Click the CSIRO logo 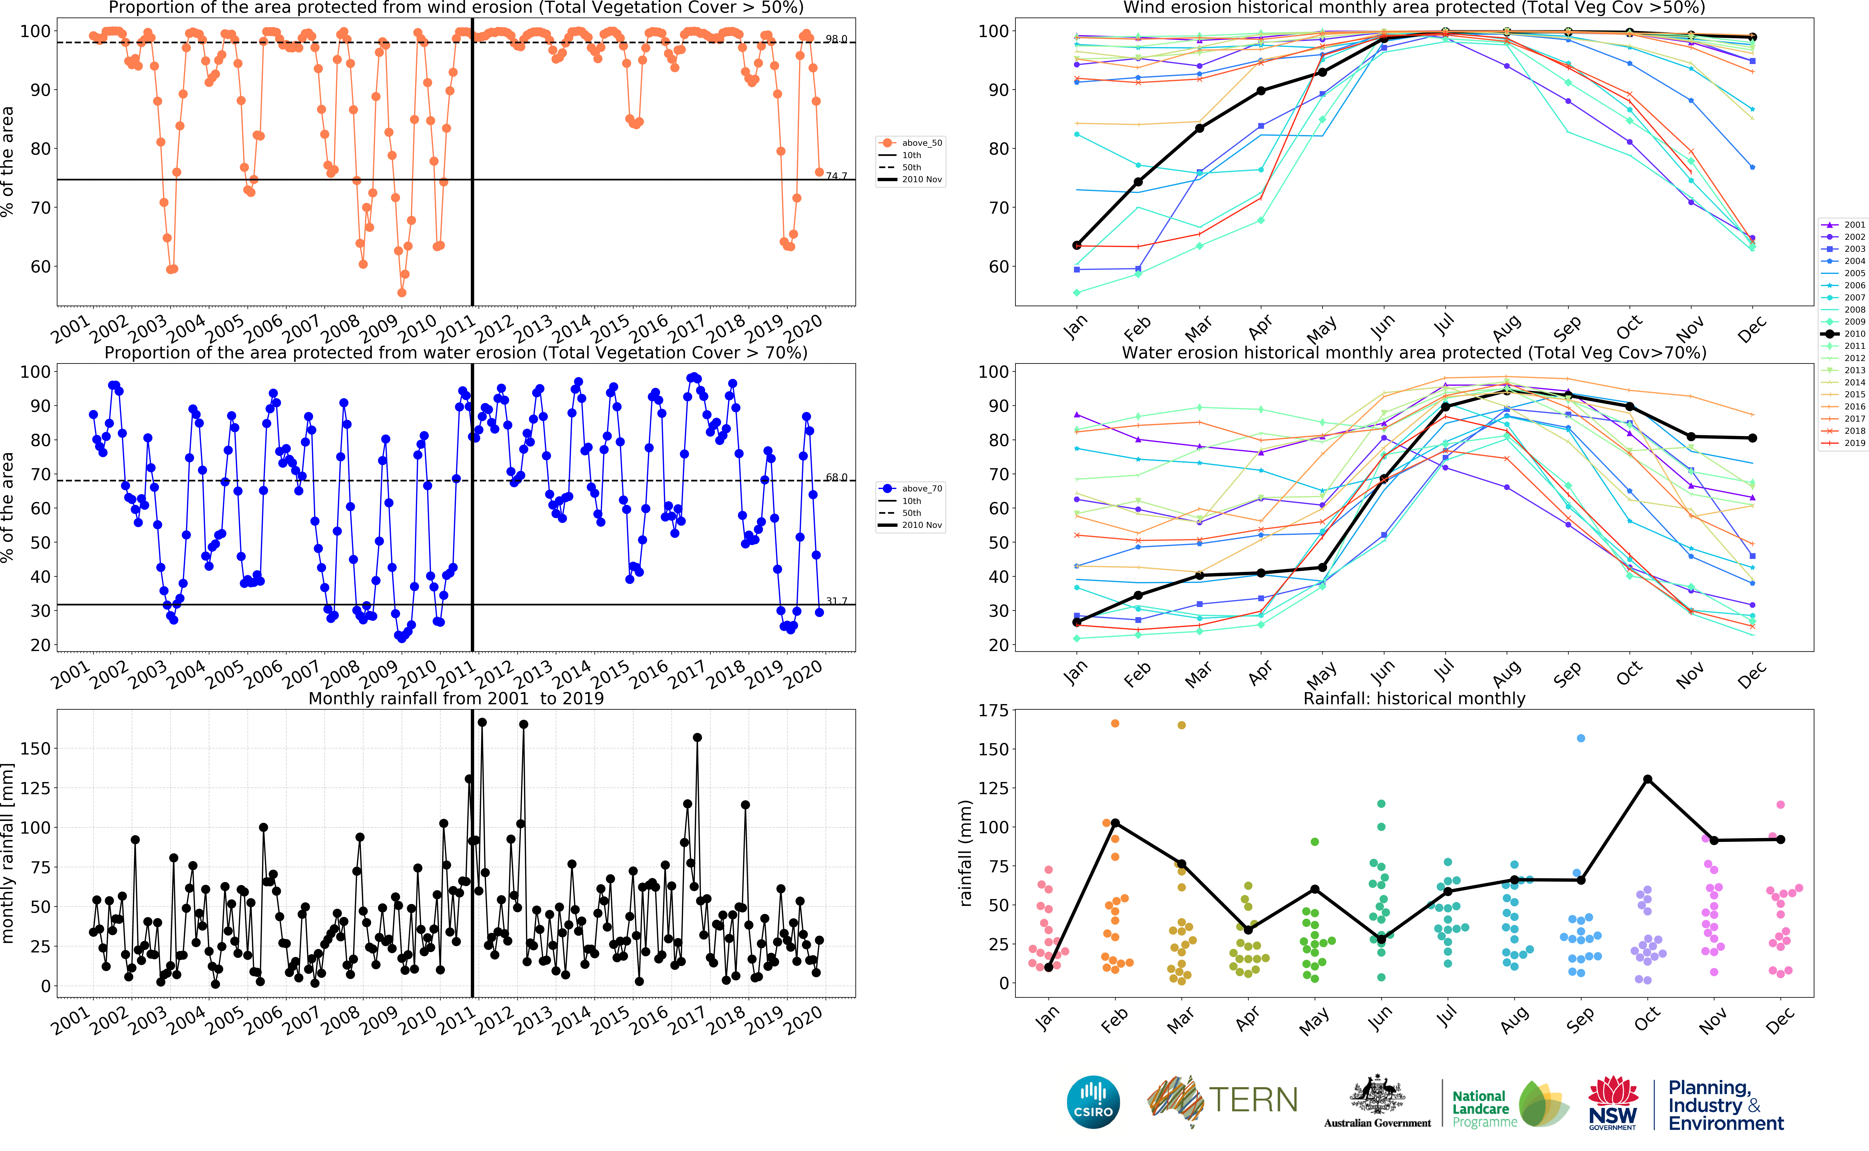(1093, 1102)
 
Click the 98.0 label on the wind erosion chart (836, 39)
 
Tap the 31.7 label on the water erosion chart (836, 601)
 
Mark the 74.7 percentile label (836, 176)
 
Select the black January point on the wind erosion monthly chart (1077, 245)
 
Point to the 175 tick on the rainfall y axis (993, 710)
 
